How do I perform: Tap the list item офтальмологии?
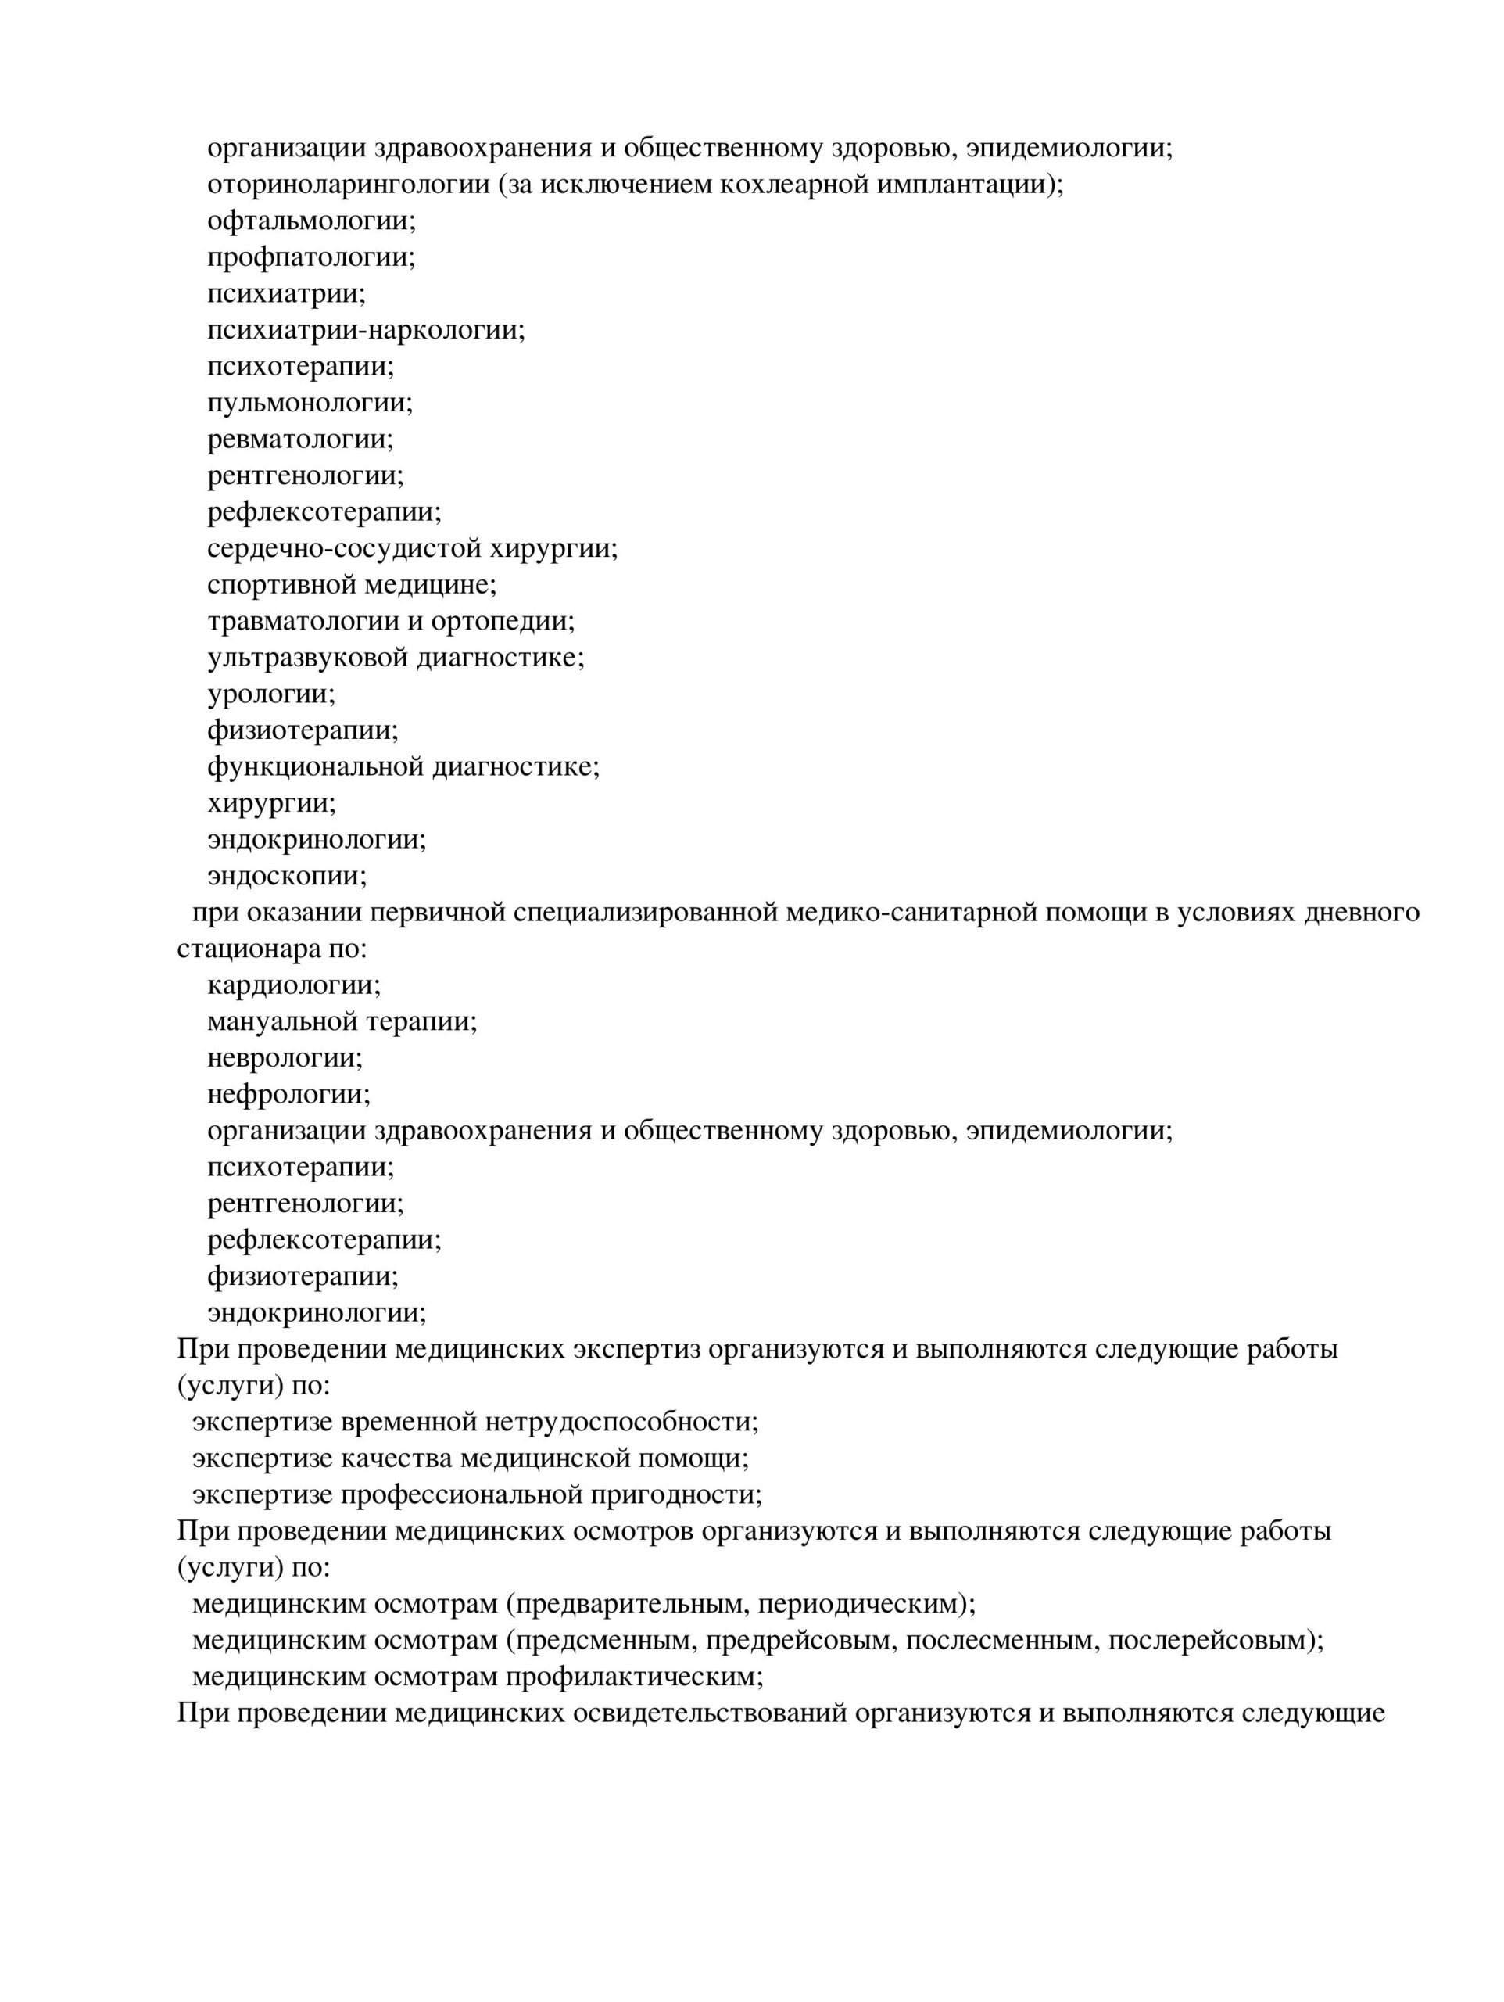click(310, 220)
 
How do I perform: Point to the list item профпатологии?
click(310, 257)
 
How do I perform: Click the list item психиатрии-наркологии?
click(366, 329)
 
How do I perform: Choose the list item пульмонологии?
click(310, 402)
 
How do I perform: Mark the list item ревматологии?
click(300, 439)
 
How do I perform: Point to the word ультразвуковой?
click(308, 657)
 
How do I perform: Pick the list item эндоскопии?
click(286, 875)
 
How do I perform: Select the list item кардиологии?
click(293, 985)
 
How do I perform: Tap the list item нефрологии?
click(288, 1094)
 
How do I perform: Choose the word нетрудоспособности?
click(621, 1422)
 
